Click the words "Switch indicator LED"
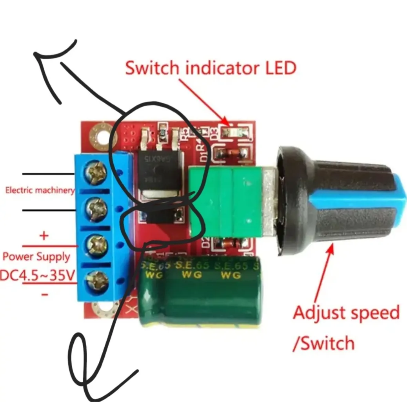211,68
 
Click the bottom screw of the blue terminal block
98,281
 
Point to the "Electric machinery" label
40,190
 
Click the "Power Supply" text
36,257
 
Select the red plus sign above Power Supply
44,236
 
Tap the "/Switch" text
323,343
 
